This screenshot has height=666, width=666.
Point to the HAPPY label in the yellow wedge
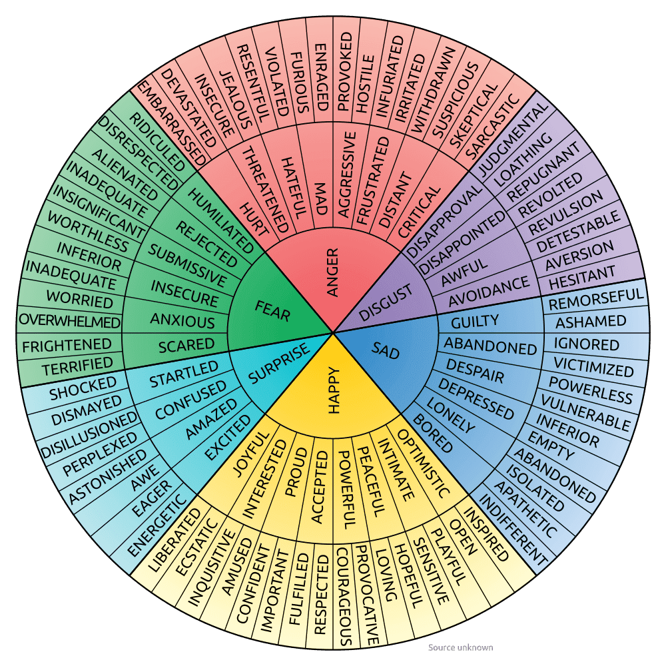[x=334, y=391]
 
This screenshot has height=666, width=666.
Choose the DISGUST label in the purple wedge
[x=386, y=301]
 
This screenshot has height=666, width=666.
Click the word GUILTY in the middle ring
[x=475, y=322]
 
